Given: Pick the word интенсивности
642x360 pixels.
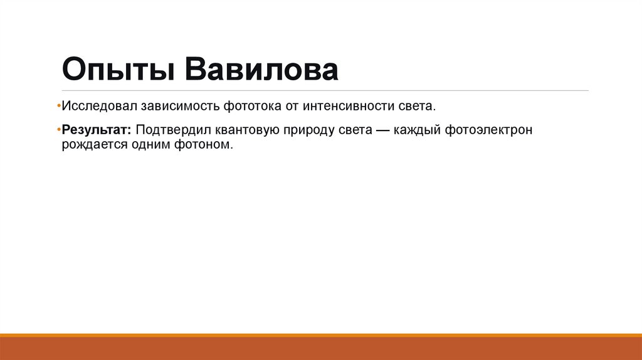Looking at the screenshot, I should click(x=340, y=106).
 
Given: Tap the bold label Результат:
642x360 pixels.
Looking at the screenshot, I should click(x=96, y=130).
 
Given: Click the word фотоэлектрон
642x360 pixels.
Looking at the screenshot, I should click(x=489, y=130).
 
